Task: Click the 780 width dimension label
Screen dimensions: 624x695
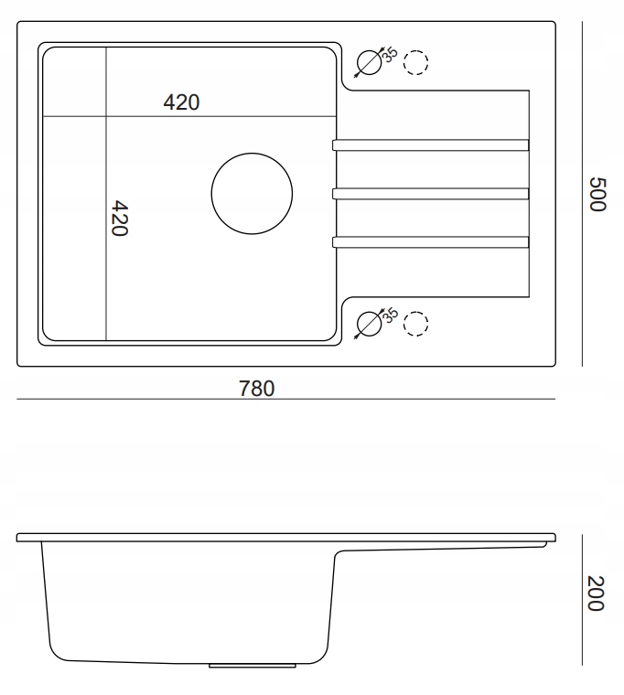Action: tap(257, 389)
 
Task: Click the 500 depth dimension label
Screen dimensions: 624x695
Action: tap(597, 195)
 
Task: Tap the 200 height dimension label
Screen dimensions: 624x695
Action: tap(596, 593)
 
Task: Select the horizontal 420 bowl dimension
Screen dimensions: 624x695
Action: tap(181, 102)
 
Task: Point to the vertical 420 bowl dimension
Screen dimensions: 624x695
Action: tap(119, 218)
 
